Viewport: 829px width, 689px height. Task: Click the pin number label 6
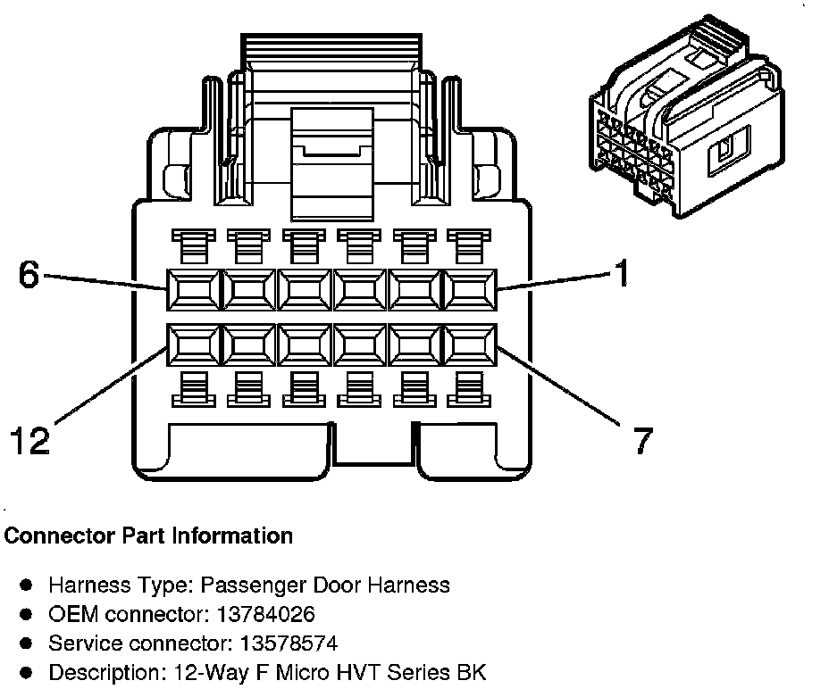point(29,276)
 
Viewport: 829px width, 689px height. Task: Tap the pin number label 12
point(30,440)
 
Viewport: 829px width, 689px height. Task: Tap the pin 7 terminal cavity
point(468,344)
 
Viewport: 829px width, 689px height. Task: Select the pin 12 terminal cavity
point(191,344)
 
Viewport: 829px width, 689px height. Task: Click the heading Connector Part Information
point(148,536)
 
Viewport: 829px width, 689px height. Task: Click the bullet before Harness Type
point(27,585)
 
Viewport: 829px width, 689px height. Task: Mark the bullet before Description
point(27,671)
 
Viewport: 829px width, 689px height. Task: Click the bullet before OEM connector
point(27,614)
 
